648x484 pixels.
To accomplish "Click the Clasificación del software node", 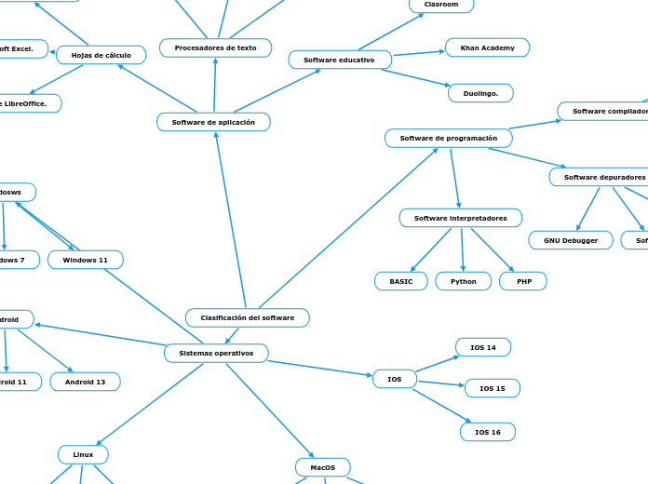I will [247, 318].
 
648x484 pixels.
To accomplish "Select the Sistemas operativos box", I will [216, 354].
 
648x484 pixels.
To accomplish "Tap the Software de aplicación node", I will [213, 123].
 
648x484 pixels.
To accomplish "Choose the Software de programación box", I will [448, 139].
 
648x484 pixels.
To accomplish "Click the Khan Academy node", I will [487, 47].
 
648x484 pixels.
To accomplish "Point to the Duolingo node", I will [480, 93].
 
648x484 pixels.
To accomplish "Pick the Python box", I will [463, 281].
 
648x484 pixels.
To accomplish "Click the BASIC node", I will [400, 281].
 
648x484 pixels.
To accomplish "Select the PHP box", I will [523, 281].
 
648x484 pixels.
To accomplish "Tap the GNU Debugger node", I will [571, 240].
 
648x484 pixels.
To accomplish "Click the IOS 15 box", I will [492, 388].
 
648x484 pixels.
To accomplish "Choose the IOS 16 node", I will [487, 432].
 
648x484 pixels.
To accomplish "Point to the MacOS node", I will [322, 467].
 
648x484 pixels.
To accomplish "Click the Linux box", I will [83, 454].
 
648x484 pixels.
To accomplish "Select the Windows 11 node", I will [85, 260].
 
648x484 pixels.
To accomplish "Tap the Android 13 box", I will [85, 382].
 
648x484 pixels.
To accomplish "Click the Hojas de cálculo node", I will [101, 56].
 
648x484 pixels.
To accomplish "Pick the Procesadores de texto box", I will [215, 47].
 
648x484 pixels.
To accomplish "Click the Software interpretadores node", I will [460, 218].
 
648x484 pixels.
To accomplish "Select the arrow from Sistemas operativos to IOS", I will [320, 369].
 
